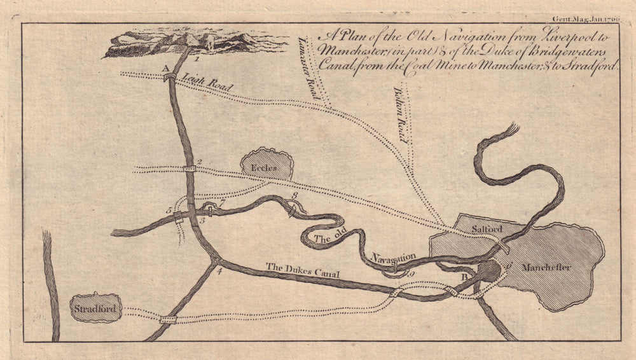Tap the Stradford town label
pos(96,309)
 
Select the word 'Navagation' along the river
pos(394,258)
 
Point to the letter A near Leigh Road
pos(165,67)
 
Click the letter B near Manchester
pos(465,278)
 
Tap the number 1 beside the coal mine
pos(198,59)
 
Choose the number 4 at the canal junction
pos(220,273)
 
